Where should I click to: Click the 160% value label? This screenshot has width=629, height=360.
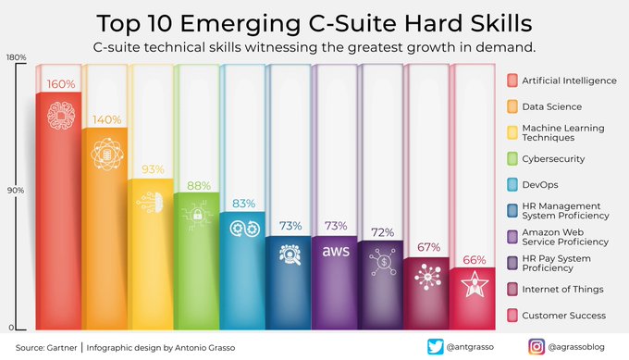[61, 84]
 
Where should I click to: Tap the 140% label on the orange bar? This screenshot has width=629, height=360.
[106, 120]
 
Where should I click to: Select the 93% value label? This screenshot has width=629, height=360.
[153, 169]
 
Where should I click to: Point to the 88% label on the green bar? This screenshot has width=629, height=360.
[198, 184]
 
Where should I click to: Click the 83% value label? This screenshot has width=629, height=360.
[244, 203]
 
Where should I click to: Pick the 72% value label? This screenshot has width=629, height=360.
[382, 231]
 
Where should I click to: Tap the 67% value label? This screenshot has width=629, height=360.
[427, 247]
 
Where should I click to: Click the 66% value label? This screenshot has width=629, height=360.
[473, 259]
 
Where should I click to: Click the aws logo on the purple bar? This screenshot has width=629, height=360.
[336, 251]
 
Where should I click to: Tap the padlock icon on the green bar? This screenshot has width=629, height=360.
[198, 216]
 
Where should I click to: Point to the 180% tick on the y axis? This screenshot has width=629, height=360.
[16, 57]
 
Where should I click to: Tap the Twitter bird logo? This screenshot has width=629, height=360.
[436, 347]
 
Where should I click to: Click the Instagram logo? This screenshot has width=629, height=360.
[536, 347]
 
